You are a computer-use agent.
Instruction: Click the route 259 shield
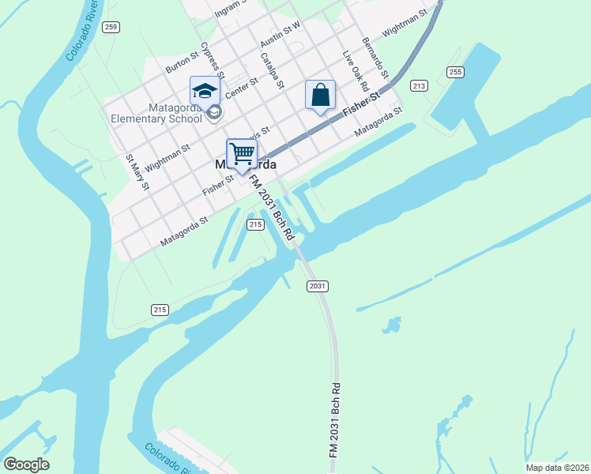111,27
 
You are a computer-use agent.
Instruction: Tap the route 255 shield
454,72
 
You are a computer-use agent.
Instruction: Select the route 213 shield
419,86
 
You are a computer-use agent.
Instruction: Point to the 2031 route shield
318,285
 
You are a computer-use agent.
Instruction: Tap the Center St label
242,88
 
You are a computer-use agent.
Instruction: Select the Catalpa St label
272,70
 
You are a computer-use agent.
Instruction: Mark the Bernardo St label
375,56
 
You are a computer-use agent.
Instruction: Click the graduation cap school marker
205,91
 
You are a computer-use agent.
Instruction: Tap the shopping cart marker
242,152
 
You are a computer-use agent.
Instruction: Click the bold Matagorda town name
246,166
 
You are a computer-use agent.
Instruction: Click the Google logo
26,465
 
